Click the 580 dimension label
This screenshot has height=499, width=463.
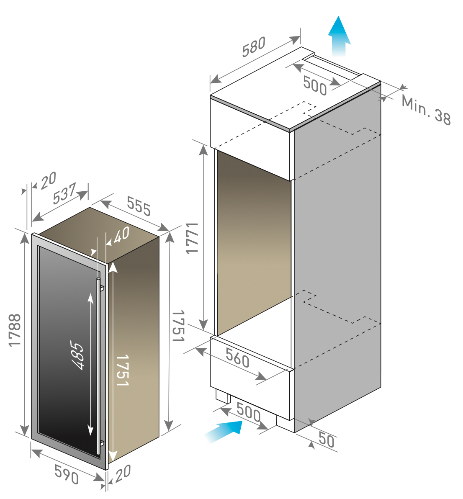254,47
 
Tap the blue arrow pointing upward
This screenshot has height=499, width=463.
339,36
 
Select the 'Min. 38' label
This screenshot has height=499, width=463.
426,110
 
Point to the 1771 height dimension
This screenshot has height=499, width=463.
192,238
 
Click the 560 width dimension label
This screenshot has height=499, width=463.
238,358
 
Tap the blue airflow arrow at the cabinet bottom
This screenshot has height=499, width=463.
224,431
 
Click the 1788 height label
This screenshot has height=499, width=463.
15,330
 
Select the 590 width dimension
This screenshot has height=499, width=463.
67,474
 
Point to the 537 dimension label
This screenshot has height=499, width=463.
64,193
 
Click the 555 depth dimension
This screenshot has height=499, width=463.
139,206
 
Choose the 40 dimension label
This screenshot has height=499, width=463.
121,235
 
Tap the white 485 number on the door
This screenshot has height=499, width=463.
77,355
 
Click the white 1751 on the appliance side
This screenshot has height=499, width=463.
123,370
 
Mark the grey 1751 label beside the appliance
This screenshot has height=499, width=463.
178,326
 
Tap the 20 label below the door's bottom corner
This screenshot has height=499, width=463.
123,473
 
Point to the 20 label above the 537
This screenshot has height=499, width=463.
49,180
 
